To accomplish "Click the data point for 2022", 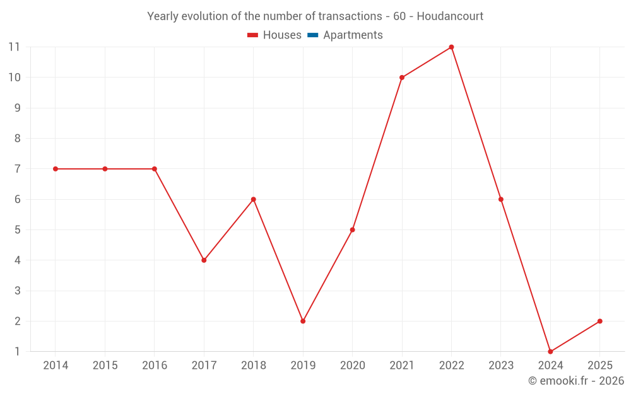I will [451, 47].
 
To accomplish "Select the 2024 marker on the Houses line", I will [550, 352].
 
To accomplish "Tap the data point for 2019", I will [303, 321].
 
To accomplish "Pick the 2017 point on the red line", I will [204, 260].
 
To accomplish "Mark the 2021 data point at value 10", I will [402, 78].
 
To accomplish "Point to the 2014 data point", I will [56, 169].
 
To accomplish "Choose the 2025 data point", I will [599, 321].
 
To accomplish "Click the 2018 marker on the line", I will [253, 199].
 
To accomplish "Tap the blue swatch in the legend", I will [312, 35].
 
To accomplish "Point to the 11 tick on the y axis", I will [14, 47].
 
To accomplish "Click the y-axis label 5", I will [17, 230].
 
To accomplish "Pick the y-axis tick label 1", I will [17, 352].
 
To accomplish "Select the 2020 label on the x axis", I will [352, 366].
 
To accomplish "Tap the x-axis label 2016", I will [155, 366].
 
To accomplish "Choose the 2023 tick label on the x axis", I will [500, 366].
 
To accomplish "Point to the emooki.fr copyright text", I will [575, 381].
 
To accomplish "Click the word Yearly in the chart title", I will [163, 16].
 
